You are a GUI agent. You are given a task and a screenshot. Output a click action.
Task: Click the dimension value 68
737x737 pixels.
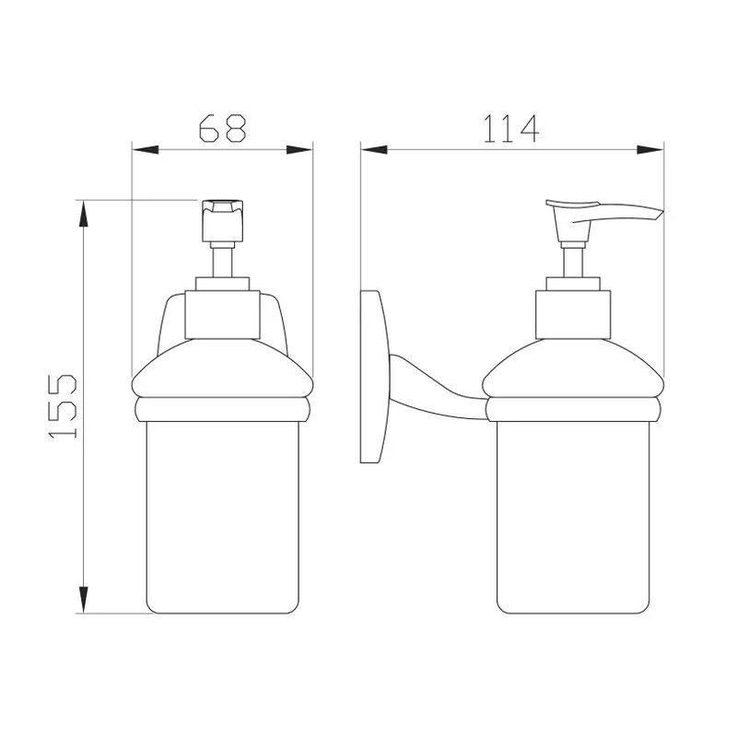point(222,128)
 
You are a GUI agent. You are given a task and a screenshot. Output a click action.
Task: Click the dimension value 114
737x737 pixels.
point(511,129)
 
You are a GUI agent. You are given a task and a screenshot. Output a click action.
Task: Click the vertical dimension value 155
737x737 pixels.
point(63,406)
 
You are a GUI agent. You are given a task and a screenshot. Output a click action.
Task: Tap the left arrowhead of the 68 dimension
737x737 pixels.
point(145,150)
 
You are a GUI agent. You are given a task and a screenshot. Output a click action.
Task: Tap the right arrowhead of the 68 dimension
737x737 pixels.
point(299,150)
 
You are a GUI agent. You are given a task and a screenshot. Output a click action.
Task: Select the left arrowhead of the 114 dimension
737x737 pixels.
point(374,150)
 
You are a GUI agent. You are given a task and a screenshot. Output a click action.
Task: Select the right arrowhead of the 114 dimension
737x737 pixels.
point(650,150)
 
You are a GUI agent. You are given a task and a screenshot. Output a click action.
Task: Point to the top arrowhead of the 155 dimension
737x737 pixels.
point(83,214)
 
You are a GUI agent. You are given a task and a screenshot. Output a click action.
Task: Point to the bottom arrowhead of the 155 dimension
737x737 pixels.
point(83,600)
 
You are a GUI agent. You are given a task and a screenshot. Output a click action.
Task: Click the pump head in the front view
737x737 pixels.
point(222,221)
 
